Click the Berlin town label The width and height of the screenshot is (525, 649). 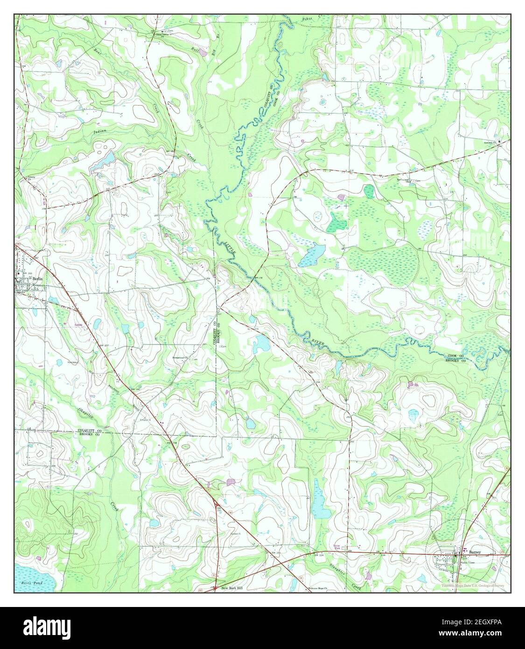[x=38, y=278]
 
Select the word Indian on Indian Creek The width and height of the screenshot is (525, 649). [x=99, y=132]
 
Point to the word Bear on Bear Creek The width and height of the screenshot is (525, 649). [x=97, y=50]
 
